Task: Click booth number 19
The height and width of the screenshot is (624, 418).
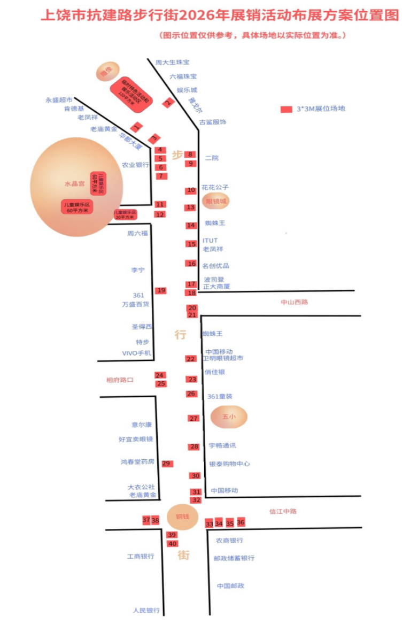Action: tap(161, 290)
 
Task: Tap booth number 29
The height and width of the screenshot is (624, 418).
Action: tap(167, 464)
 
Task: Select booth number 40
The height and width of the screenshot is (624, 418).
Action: tap(172, 544)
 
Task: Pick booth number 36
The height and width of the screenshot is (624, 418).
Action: tap(241, 522)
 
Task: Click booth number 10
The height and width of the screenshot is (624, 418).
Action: tap(191, 190)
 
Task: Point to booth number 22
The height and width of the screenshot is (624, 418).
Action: tap(191, 359)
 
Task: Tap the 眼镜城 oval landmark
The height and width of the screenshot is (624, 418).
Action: tap(216, 202)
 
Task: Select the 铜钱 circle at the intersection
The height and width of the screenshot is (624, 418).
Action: tap(183, 517)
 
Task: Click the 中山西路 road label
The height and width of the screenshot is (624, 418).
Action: tap(295, 302)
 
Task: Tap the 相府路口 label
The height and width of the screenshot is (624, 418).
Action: tap(120, 380)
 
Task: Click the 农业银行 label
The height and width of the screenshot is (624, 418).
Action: tap(135, 165)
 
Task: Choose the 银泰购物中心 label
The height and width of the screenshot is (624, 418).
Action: tap(229, 464)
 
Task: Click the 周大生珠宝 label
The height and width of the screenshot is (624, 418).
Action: tap(169, 63)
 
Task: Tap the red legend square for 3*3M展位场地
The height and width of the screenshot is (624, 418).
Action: tap(287, 109)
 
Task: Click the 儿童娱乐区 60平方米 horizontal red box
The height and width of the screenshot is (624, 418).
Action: tap(77, 207)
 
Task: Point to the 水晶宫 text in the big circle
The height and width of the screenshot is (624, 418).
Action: tap(74, 183)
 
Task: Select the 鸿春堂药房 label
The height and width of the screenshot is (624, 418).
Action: tap(137, 461)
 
